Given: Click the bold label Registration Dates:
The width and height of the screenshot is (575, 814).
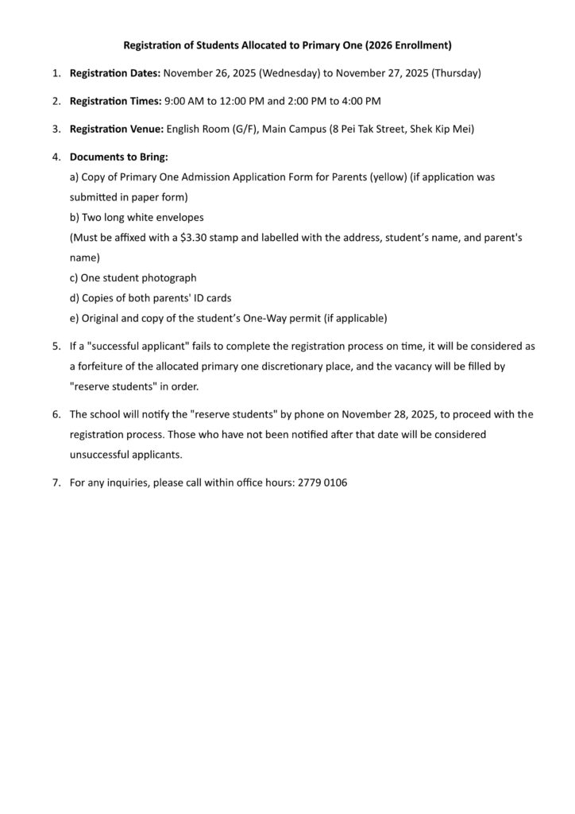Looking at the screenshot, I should point(115,74).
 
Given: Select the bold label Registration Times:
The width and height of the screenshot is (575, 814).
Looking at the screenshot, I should point(115,101).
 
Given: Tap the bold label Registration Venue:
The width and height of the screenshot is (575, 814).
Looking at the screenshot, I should point(117,129).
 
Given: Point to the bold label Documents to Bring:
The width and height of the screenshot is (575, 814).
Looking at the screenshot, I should point(119,157).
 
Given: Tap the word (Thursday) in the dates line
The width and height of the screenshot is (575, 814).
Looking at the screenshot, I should point(456,74).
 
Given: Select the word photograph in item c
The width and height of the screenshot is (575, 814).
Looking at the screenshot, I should point(169,278).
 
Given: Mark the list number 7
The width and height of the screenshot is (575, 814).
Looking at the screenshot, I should point(56,483).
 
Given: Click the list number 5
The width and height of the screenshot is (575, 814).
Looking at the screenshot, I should point(56,347).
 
